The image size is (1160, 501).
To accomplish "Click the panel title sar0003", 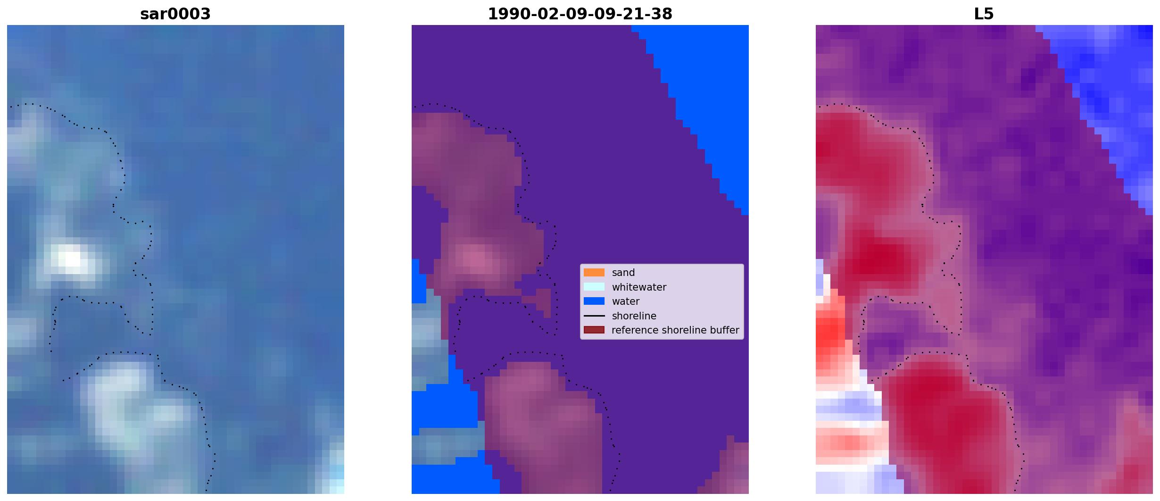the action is [x=175, y=14].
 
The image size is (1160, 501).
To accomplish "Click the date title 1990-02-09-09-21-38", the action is [x=580, y=14].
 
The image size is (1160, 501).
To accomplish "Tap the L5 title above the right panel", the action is [x=984, y=14].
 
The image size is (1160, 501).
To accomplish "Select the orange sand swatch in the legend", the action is [x=594, y=272].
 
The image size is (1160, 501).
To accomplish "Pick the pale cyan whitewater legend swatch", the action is [x=594, y=287].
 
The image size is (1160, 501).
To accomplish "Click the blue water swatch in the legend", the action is [x=594, y=301].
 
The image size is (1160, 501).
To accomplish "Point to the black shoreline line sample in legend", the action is [x=594, y=316].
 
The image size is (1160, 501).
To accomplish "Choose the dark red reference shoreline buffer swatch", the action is [x=594, y=330].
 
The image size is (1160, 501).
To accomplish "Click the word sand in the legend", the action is [x=623, y=273].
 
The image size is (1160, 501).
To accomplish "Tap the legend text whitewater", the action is [x=639, y=287].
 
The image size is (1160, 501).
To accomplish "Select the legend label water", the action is [x=626, y=301].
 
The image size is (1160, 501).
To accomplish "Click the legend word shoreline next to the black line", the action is [x=634, y=316].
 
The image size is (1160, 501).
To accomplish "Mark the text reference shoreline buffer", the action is [x=675, y=330].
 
